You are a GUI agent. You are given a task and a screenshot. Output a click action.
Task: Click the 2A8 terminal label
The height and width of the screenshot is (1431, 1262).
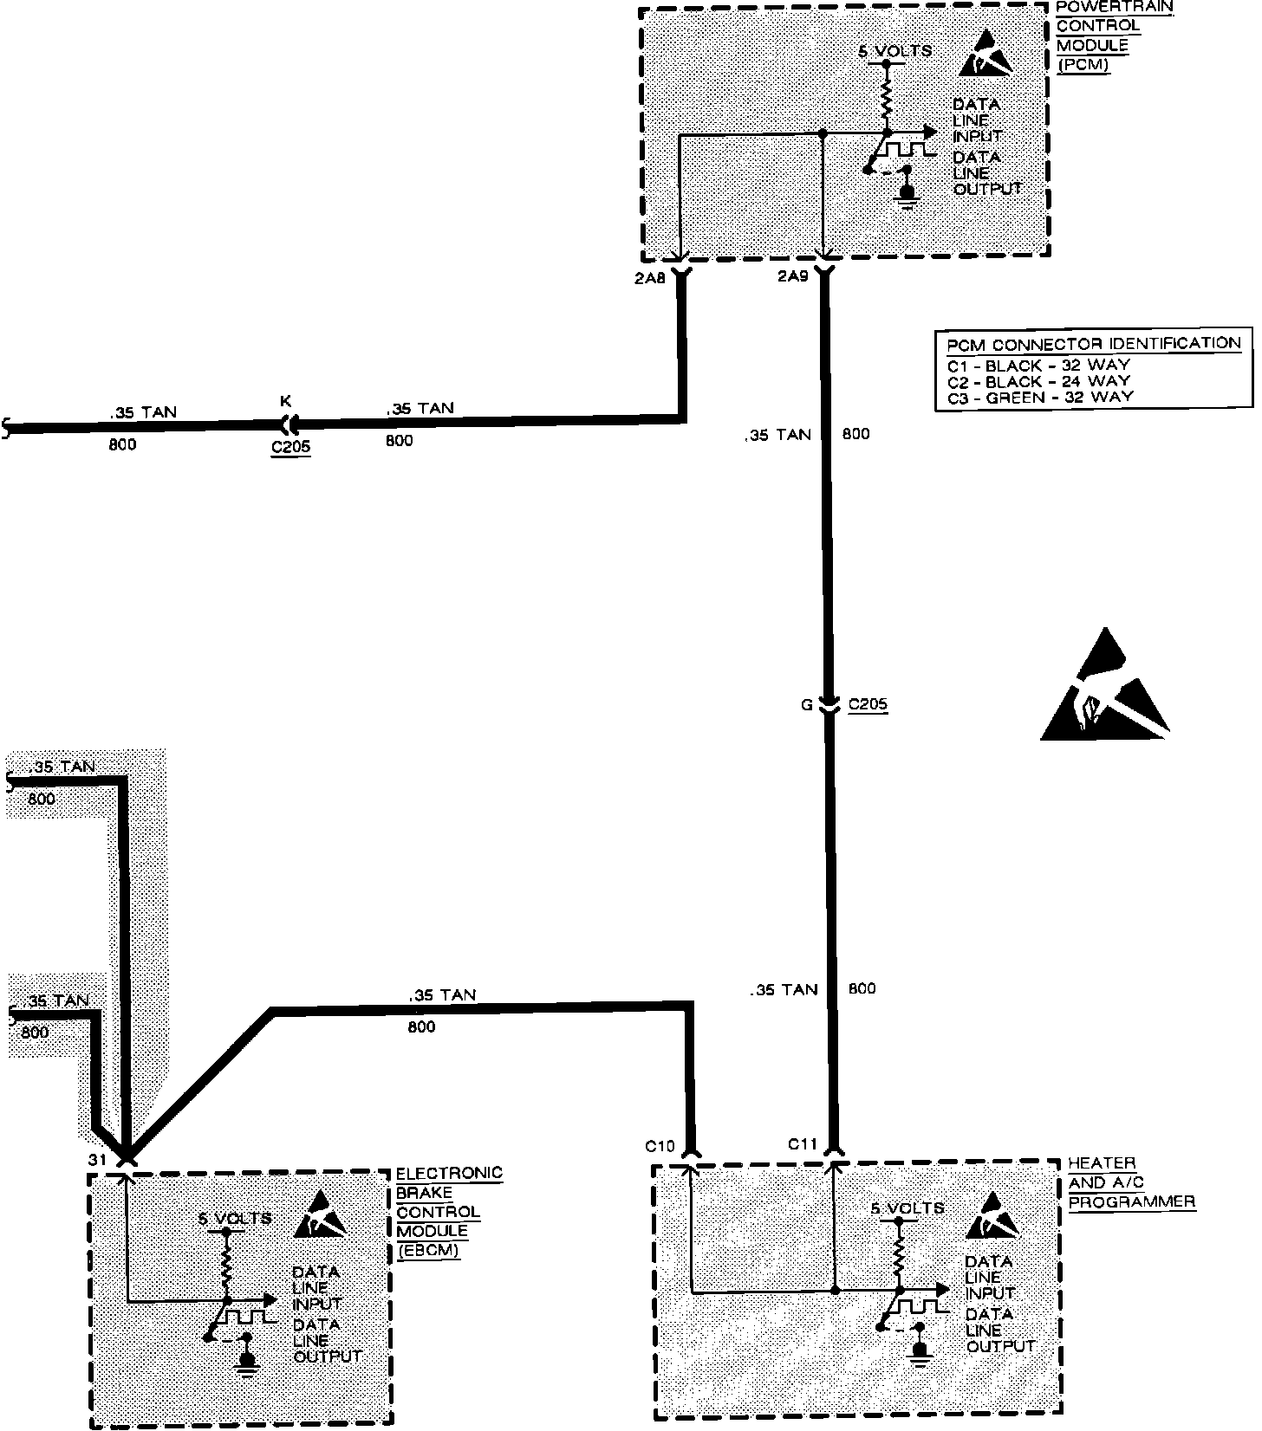click(x=650, y=279)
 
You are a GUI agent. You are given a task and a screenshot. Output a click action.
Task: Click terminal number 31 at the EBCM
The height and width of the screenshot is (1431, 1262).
click(x=96, y=1159)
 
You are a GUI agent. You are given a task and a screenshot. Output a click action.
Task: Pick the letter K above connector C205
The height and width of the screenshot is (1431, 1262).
click(x=285, y=401)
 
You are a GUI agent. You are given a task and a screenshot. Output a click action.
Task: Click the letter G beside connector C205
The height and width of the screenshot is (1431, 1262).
click(x=806, y=706)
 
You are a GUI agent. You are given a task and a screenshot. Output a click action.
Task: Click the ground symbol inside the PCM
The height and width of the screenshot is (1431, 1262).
click(x=907, y=192)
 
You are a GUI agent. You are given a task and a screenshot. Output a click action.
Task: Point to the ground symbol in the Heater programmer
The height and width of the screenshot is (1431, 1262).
click(x=920, y=1352)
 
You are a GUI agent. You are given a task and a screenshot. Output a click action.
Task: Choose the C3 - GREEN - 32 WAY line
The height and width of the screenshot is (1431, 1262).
click(x=1040, y=398)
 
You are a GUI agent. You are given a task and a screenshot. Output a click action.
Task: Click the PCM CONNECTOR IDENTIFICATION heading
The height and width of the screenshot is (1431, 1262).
click(x=1094, y=343)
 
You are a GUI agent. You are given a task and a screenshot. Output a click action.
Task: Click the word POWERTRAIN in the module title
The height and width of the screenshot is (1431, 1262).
click(x=1115, y=7)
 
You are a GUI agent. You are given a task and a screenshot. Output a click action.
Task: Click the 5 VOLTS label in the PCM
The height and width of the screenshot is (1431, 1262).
click(x=894, y=51)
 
